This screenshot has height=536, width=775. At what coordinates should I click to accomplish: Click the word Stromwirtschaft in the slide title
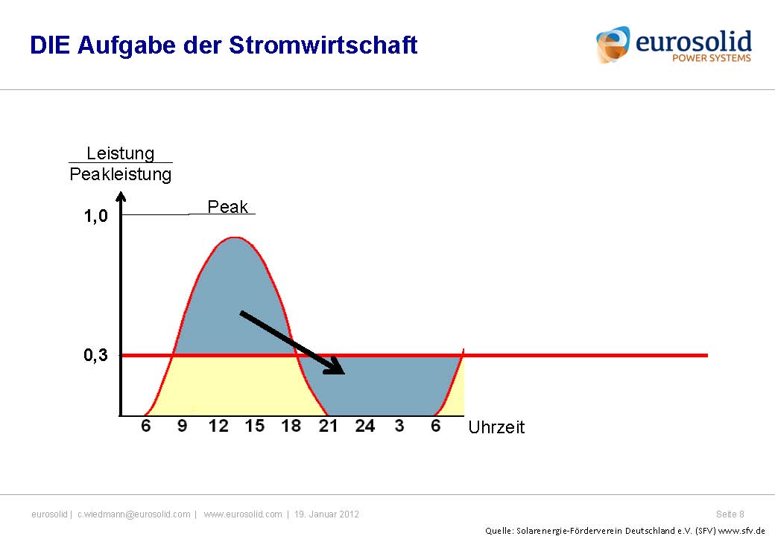tap(323, 45)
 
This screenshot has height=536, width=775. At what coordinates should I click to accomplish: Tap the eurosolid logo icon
tap(613, 45)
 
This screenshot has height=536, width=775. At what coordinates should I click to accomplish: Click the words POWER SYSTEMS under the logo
tap(711, 58)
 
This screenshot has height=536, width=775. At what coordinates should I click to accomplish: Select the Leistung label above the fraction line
tap(121, 153)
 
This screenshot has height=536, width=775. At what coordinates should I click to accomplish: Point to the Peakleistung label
tap(121, 174)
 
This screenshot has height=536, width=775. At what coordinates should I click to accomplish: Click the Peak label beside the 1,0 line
tap(227, 206)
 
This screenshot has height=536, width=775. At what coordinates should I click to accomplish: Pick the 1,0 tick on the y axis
tap(96, 216)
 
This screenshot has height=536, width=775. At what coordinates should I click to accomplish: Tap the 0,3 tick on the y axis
tap(96, 354)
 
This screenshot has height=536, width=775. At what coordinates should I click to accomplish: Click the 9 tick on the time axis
tap(182, 425)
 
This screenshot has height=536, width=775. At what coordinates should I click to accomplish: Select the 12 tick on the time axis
tap(218, 425)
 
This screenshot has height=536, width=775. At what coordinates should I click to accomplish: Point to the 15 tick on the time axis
tap(255, 425)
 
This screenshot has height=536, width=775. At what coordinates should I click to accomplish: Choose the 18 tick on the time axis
tap(291, 425)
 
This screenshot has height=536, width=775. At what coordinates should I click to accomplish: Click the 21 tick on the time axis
tap(328, 425)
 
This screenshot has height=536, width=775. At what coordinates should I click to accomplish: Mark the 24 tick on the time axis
tap(364, 425)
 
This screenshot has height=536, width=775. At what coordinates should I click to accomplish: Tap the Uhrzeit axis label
tap(496, 427)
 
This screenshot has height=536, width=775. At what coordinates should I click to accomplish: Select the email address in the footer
tap(134, 514)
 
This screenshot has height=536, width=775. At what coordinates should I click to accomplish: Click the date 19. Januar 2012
tap(326, 514)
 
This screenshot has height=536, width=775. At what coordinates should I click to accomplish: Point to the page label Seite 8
tap(730, 514)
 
